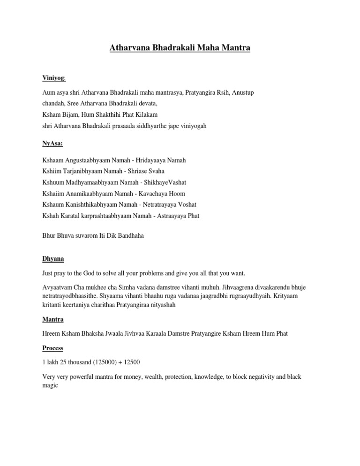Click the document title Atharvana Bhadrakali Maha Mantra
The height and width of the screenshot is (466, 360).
click(180, 48)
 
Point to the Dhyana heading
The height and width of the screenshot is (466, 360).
click(53, 258)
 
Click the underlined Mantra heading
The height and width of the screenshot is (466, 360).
click(53, 319)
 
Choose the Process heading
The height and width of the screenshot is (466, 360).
click(52, 348)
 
